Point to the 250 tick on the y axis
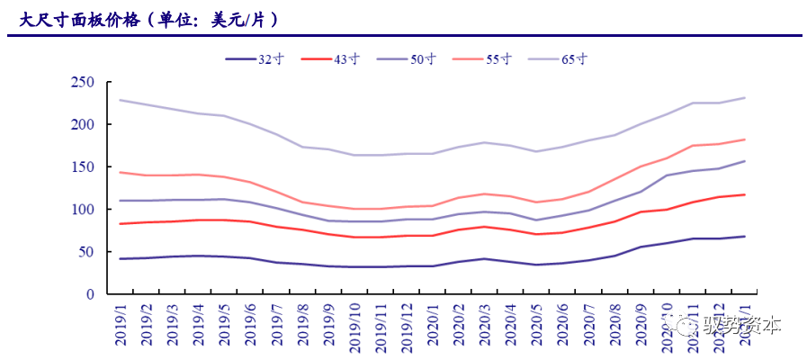click(83, 82)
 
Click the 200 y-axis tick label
click(83, 124)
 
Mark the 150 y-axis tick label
click(83, 166)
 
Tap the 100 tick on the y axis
click(83, 209)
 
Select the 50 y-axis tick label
click(86, 251)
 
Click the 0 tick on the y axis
click(90, 294)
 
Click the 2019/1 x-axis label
click(121, 324)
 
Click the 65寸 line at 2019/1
click(121, 100)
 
